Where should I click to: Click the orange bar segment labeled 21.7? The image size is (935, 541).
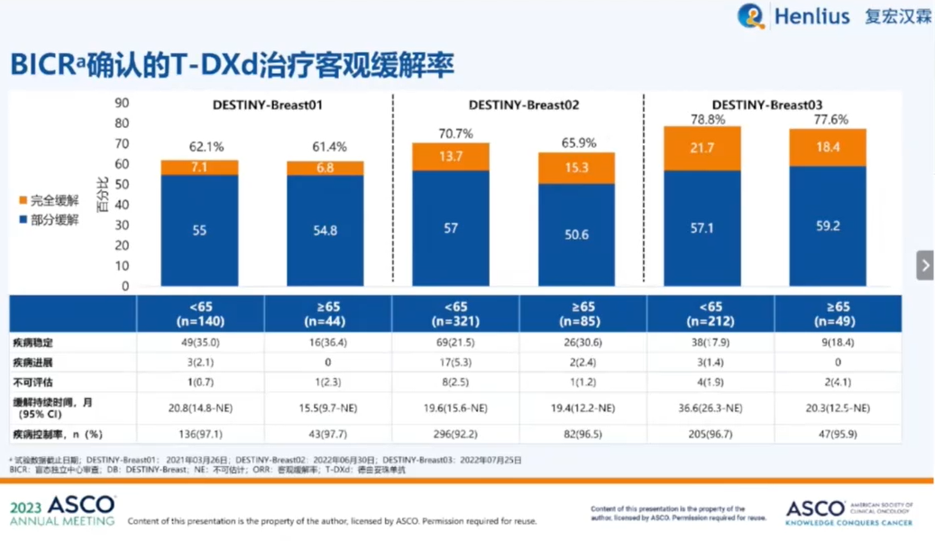702,148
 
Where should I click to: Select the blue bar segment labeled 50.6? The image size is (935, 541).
577,234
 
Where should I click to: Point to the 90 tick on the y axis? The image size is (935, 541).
123,103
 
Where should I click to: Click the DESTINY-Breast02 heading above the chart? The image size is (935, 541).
524,105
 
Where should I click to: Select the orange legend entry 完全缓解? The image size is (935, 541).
49,200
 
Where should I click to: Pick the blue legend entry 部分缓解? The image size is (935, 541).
49,220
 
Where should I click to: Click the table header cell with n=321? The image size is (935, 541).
455,313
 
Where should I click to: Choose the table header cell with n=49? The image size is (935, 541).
838,313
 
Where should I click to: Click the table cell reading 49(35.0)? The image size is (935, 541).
200,343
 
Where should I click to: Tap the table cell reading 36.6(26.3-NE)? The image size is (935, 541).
710,408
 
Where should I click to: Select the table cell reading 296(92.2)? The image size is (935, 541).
455,434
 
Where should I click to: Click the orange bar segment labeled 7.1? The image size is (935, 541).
199,168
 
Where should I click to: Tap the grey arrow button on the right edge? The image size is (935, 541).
925,265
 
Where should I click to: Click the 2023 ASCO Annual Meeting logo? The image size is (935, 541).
63,510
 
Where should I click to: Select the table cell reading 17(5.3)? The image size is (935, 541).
455,362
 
